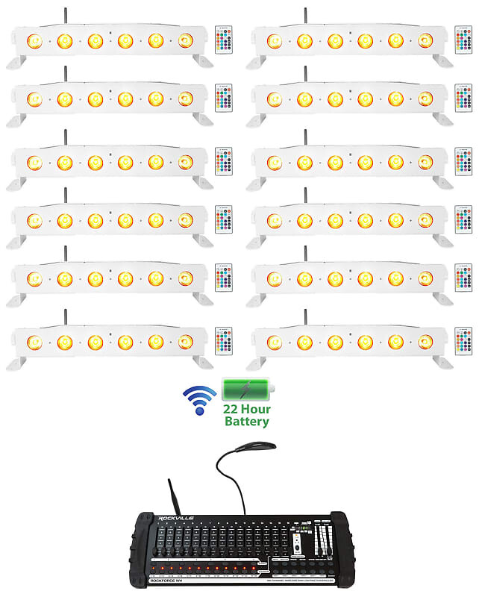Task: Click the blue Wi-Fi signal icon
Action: pos(199,398)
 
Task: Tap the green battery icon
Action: pos(248,390)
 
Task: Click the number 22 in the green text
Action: pos(236,410)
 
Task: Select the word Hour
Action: pos(258,410)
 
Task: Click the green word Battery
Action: pos(247,422)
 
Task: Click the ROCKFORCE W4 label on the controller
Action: pos(173,575)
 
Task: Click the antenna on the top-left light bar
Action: pos(65,16)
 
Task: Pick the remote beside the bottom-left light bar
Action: pos(223,340)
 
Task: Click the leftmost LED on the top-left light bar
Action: pos(34,40)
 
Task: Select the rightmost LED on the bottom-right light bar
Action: pos(425,342)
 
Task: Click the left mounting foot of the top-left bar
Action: pos(16,61)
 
